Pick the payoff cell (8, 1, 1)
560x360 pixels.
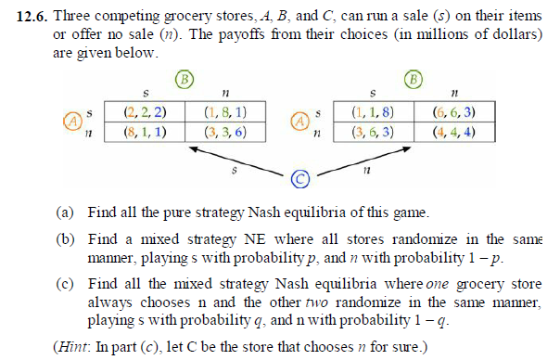point(144,132)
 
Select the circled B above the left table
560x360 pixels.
point(184,78)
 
